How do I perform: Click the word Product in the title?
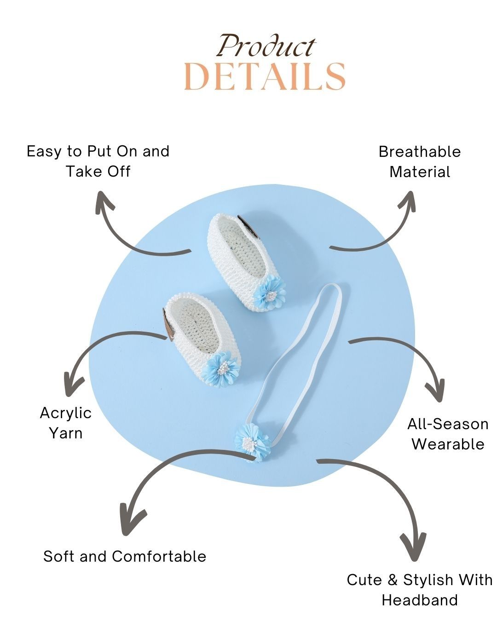(266, 46)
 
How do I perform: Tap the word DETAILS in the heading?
(265, 77)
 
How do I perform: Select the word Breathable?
(419, 152)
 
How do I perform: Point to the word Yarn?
(66, 433)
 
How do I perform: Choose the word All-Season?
(448, 424)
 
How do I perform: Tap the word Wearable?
(448, 444)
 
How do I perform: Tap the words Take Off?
(98, 172)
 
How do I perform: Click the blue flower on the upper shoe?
(269, 293)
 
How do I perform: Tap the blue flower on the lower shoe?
(221, 369)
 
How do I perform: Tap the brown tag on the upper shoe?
(248, 228)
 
